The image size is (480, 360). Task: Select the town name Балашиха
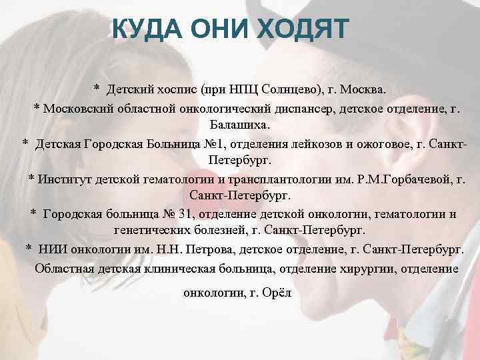point(239,125)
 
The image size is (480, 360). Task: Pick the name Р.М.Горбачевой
point(391,179)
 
